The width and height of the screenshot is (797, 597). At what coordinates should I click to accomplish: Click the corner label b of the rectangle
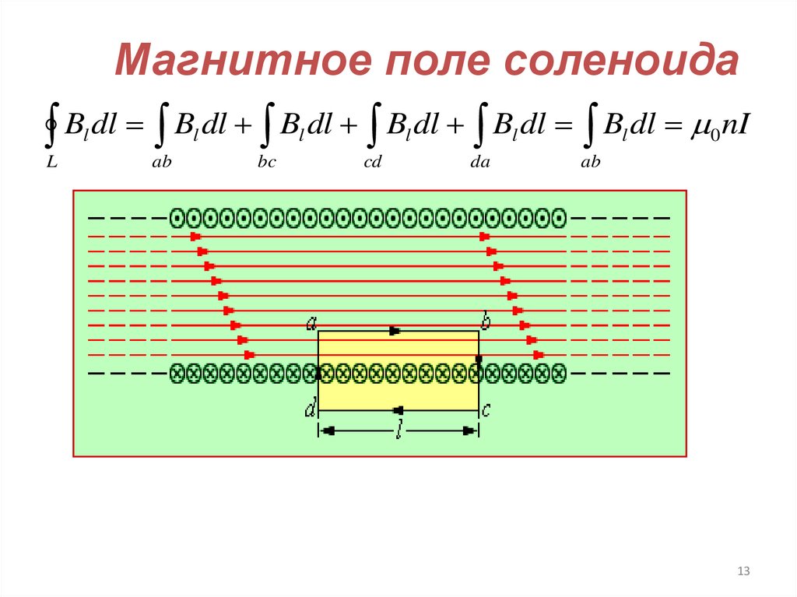[x=485, y=322]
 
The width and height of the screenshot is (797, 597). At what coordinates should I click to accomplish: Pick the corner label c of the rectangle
[x=485, y=409]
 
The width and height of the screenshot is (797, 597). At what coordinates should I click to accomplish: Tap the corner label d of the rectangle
[x=310, y=409]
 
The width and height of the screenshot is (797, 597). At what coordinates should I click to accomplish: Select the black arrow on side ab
[x=394, y=332]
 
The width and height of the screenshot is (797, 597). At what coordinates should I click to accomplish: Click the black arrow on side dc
[x=398, y=409]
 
